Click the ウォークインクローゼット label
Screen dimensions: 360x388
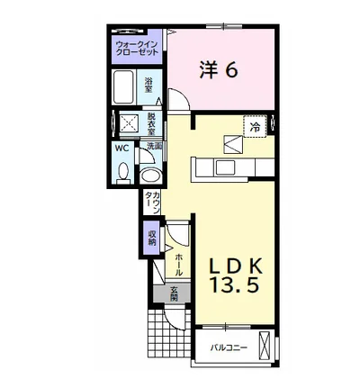pos(137,48)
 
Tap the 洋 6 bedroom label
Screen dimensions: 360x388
pos(219,71)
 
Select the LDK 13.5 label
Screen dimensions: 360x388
pos(235,275)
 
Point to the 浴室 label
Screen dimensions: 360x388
pos(148,85)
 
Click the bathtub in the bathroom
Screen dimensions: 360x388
pos(123,87)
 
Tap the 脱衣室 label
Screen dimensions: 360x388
pos(151,123)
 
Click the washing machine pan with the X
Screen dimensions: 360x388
pos(129,123)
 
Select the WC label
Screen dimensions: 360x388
pos(122,148)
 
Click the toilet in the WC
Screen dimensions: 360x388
pos(123,173)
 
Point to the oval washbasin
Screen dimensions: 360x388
pos(151,175)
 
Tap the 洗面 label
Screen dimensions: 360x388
pos(155,146)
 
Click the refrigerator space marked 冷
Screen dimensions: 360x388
pos(255,126)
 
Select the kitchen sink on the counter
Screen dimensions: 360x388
pos(225,167)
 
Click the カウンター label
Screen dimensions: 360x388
pos(152,203)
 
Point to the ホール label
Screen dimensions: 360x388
pos(178,265)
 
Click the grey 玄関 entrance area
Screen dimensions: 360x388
pos(172,293)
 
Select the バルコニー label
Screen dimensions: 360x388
pos(229,348)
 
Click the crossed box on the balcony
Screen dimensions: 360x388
pos(264,345)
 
